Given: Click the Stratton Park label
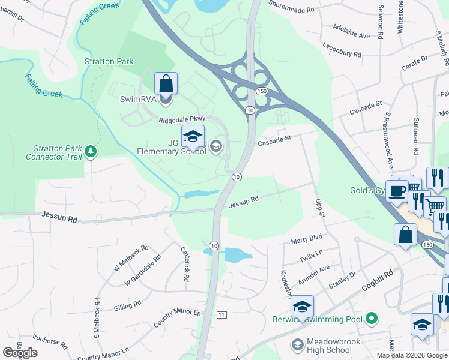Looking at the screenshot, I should click(x=109, y=61).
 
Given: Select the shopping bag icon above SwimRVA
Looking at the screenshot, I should click(x=166, y=83).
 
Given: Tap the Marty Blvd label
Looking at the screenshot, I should click(x=307, y=240).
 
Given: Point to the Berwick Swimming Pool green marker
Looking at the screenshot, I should click(x=372, y=319).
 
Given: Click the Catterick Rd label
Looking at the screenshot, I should click(x=186, y=265).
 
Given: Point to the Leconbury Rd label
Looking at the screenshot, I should click(x=341, y=53).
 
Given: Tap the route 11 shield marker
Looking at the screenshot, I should click(x=221, y=315).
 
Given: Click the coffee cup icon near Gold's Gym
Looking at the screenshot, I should click(x=396, y=191).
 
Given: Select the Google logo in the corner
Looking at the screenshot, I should click(x=20, y=353).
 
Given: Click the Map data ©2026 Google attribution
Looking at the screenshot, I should click(x=411, y=355).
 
